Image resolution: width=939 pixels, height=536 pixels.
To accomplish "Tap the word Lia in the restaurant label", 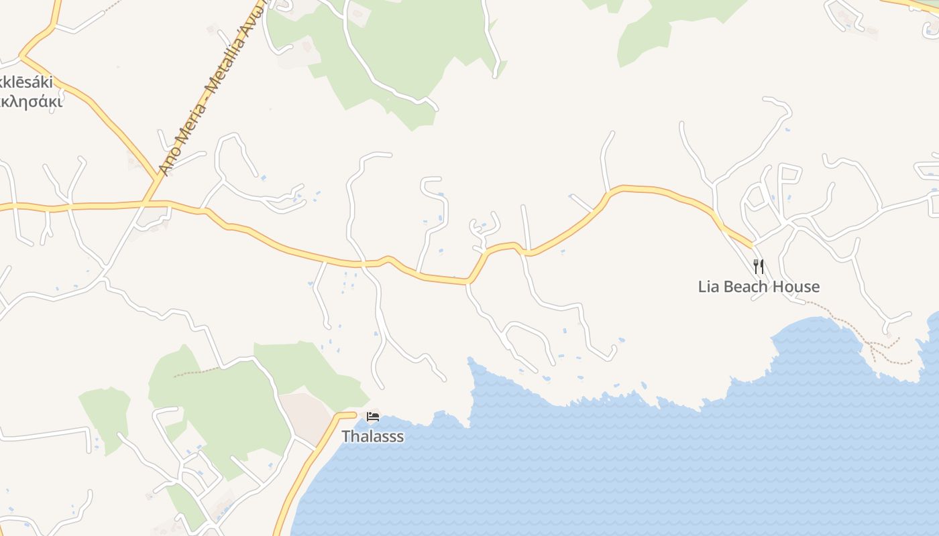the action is [708, 287].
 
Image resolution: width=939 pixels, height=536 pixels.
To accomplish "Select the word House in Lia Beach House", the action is [795, 287].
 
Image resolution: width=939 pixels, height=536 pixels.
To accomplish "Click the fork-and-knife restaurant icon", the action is [759, 267].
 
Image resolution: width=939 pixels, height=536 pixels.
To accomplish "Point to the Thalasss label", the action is [373, 436].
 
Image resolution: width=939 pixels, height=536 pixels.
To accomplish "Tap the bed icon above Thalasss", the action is [373, 417].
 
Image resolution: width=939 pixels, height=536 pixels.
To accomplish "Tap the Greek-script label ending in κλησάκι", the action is [31, 102].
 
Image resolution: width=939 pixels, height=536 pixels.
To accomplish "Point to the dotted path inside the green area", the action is [197, 371].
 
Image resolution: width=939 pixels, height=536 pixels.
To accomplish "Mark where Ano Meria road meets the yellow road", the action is [146, 202].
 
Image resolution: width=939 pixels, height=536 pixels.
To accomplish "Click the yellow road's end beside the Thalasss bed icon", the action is [354, 415].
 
